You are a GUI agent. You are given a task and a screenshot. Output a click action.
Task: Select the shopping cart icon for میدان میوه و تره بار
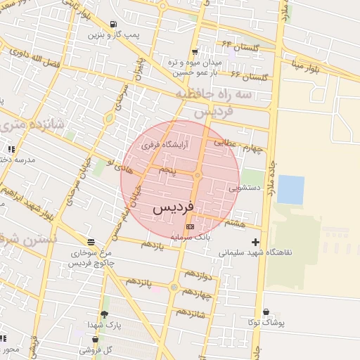tap(194, 52)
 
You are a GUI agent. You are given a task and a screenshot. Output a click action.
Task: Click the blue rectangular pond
tap(290, 190)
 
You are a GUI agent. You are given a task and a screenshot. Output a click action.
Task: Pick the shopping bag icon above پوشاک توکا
tap(266, 311)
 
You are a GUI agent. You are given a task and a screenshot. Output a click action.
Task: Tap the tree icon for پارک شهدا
tap(105, 314)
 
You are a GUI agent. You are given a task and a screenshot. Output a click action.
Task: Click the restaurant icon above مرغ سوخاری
tap(90, 241)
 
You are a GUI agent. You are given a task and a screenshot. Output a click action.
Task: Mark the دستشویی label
tap(245, 188)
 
